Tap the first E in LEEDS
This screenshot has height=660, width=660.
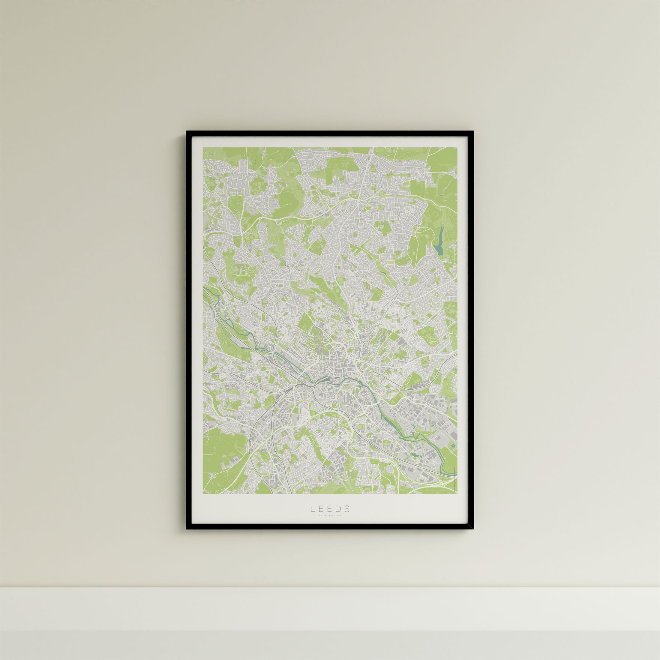[321, 518]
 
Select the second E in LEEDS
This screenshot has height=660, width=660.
[330, 518]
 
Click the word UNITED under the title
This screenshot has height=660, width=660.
[324, 525]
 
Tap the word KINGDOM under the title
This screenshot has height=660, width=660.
[335, 525]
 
